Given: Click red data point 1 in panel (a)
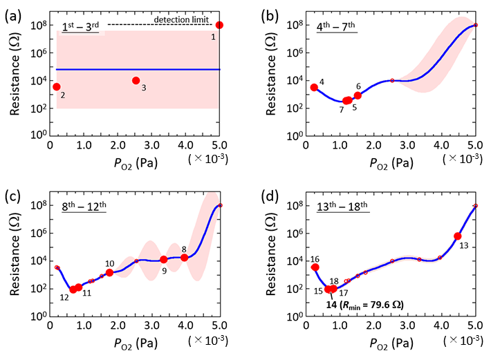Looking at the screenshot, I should click(x=220, y=25).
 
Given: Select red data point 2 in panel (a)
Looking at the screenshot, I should click(x=57, y=86).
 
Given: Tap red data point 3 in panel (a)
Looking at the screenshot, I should click(x=136, y=81).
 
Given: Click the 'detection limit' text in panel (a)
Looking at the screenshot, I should click(x=185, y=19).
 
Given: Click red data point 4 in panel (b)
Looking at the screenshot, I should click(x=314, y=87).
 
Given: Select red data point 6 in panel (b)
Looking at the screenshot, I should click(x=358, y=95).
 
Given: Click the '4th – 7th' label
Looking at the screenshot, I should click(x=339, y=27).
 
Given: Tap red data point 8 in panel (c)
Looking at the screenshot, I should click(x=185, y=258).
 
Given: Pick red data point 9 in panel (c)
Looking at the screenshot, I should click(x=164, y=260).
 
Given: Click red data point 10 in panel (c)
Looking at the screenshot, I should click(x=109, y=272).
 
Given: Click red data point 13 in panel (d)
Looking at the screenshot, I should click(x=458, y=236).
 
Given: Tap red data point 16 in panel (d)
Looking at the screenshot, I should click(x=315, y=267).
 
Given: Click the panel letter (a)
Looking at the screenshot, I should click(x=12, y=9).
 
